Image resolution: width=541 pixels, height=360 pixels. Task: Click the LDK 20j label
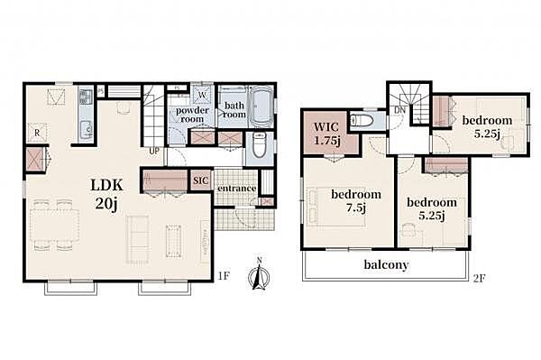point(106,195)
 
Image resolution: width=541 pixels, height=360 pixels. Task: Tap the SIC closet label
point(201,180)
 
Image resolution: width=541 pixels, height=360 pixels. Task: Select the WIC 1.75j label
point(326,134)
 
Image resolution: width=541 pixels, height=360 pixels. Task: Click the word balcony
point(386,265)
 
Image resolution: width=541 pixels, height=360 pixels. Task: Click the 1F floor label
point(225,276)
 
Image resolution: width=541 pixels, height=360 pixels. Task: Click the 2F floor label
point(480,278)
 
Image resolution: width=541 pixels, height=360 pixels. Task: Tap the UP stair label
point(154,152)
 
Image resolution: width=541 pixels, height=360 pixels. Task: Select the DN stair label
point(399,111)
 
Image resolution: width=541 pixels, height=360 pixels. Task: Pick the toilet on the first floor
point(259,144)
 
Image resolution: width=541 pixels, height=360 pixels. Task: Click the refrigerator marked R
point(38,133)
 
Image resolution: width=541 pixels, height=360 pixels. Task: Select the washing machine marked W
point(202,94)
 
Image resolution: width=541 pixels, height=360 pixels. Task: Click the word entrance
point(236,189)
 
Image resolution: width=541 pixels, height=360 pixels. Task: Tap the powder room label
point(192,115)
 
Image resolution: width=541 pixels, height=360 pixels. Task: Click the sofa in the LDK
point(138,239)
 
